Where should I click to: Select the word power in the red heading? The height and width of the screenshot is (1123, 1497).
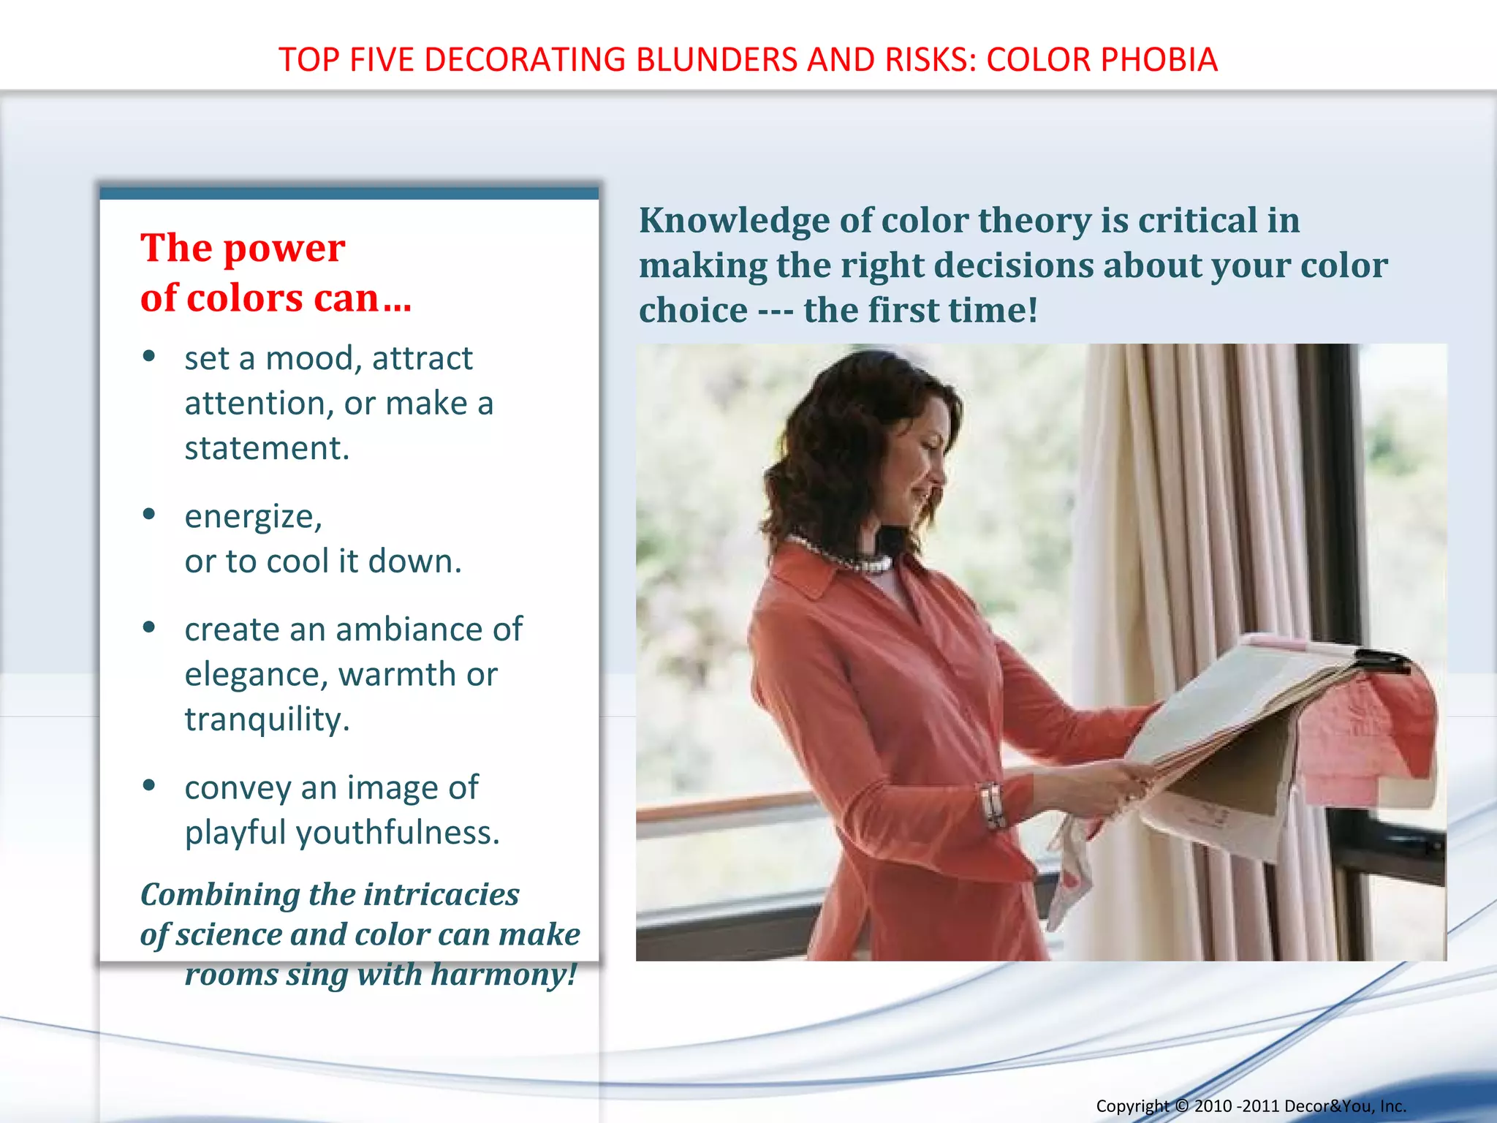(284, 248)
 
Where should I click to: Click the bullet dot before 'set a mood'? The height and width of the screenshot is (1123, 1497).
(150, 356)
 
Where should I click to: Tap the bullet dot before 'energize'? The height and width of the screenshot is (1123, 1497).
(150, 514)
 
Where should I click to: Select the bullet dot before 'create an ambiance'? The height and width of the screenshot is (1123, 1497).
(150, 627)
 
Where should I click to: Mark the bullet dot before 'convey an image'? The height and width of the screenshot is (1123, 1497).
(150, 785)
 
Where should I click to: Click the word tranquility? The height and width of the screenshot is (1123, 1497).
(267, 720)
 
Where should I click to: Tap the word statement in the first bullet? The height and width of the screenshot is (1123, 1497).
(267, 448)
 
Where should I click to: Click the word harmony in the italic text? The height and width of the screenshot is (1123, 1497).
(503, 975)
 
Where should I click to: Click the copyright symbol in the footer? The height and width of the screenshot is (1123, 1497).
(1181, 1106)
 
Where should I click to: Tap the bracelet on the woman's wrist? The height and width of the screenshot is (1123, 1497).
(991, 804)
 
